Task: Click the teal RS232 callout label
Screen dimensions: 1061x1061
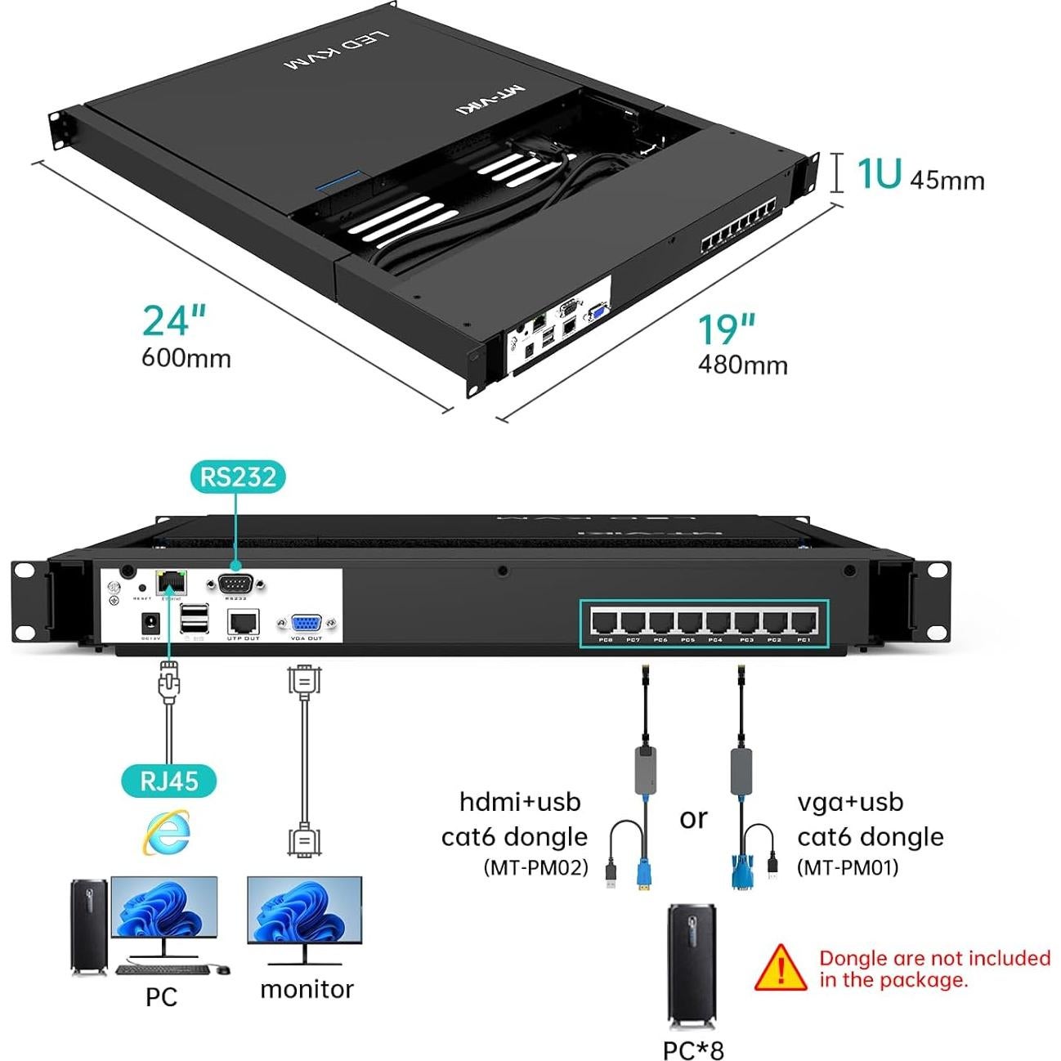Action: pyautogui.click(x=238, y=477)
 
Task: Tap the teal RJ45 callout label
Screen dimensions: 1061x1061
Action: pyautogui.click(x=169, y=780)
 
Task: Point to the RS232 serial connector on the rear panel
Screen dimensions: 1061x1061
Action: pyautogui.click(x=236, y=584)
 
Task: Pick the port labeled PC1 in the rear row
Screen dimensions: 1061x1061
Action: pyautogui.click(x=803, y=623)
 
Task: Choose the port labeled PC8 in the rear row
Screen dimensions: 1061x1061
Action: pyautogui.click(x=606, y=623)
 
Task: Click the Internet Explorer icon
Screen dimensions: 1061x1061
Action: pyautogui.click(x=167, y=832)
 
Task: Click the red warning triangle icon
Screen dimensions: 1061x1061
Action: pyautogui.click(x=781, y=968)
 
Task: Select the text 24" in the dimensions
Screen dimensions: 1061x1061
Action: pyautogui.click(x=174, y=321)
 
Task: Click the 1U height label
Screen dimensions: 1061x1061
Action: pyautogui.click(x=879, y=174)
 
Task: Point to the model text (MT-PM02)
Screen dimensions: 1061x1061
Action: pyautogui.click(x=536, y=867)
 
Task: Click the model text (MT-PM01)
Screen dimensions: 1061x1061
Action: pyautogui.click(x=848, y=867)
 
